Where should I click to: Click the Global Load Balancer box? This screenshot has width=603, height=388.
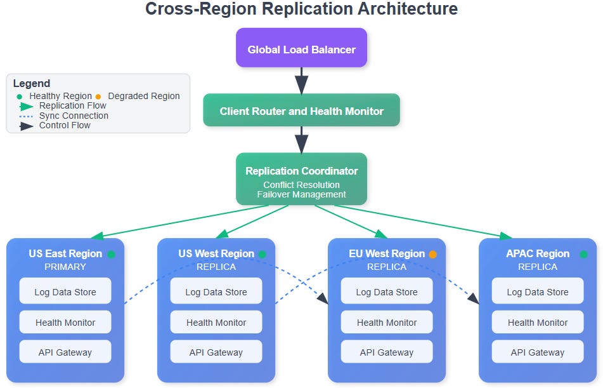302,48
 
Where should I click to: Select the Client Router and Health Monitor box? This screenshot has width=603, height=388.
302,110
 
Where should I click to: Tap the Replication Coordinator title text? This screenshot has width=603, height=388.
302,171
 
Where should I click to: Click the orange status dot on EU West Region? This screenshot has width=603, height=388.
432,254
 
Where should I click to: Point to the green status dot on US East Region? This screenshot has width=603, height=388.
111,254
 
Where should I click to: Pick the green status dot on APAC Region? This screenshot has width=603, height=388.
583,254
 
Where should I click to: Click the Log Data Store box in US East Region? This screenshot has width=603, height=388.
65,291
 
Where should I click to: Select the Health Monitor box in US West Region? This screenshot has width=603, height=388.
216,322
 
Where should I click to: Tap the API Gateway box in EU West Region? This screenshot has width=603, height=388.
387,351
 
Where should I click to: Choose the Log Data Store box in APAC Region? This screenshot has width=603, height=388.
538,291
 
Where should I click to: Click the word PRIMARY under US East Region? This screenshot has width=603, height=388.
65,267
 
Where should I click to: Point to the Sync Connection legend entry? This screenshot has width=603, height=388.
64,116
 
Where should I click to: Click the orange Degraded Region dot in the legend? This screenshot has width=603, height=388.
98,97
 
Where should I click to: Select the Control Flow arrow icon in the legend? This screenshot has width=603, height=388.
26,126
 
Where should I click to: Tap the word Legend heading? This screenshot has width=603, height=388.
32,83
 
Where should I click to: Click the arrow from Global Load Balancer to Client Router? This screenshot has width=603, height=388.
302,81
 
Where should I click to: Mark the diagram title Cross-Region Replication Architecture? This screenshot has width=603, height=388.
302,9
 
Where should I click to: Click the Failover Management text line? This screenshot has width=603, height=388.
302,194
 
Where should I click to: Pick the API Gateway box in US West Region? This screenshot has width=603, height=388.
216,351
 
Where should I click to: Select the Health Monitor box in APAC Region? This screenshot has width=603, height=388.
538,322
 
